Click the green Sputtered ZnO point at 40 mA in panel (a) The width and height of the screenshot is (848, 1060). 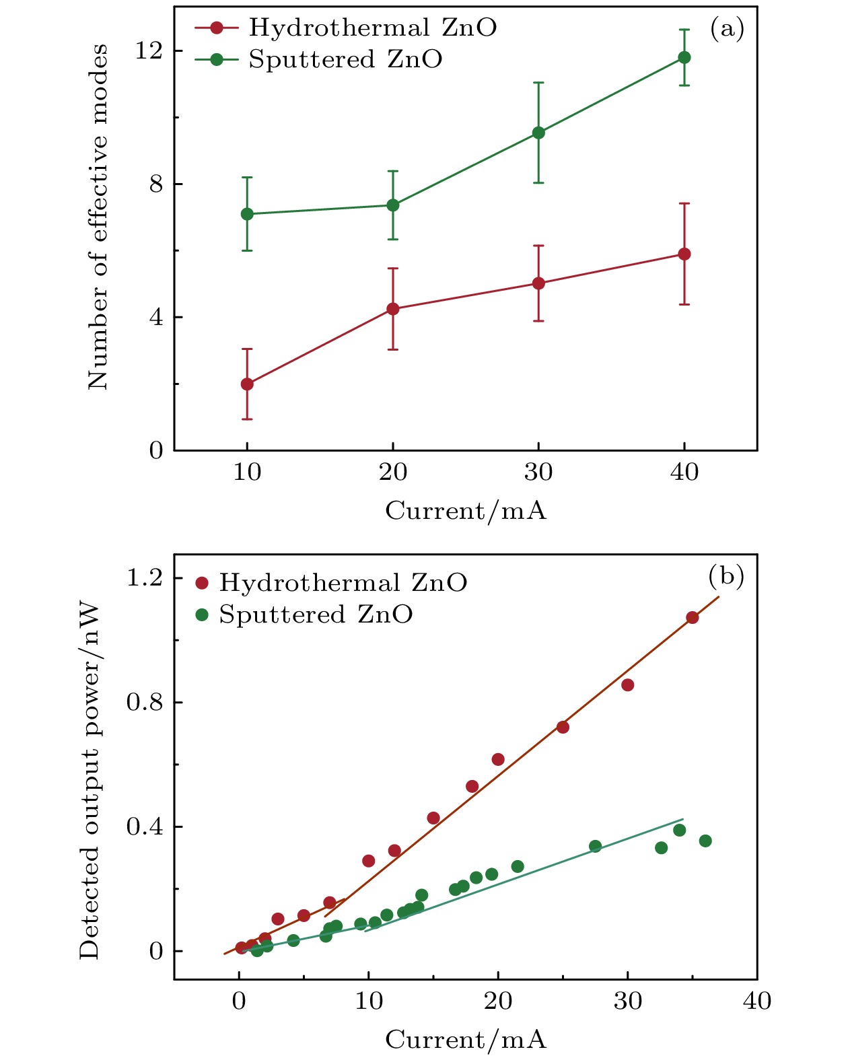pos(684,57)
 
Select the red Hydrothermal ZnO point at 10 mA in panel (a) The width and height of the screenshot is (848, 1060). pos(247,384)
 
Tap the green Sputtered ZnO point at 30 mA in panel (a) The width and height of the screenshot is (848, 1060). pos(538,133)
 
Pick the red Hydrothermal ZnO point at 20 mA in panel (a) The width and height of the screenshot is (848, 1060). pos(393,309)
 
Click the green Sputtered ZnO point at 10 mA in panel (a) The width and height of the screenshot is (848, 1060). pos(247,214)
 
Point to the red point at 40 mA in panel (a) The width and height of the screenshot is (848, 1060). pos(684,254)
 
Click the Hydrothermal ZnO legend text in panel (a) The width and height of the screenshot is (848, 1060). pos(373,28)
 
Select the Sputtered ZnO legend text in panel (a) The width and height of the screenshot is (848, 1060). pos(345,60)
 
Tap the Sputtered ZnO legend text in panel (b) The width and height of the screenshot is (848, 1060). pos(316,615)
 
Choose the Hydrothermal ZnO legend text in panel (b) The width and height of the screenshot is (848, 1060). pos(343,583)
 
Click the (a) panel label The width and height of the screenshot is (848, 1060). pos(727,28)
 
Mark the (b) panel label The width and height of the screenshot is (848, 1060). pos(726,576)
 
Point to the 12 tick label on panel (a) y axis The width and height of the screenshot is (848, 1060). pos(149,51)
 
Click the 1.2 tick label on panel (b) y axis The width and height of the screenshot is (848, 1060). pos(145,578)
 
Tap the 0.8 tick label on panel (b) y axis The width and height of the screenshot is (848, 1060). pos(145,703)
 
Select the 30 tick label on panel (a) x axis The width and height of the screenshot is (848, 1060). pos(538,472)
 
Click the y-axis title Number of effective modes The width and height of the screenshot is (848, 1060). pos(98,217)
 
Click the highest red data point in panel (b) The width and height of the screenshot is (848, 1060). pos(692,617)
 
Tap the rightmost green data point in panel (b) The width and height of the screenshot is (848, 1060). pos(705,841)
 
